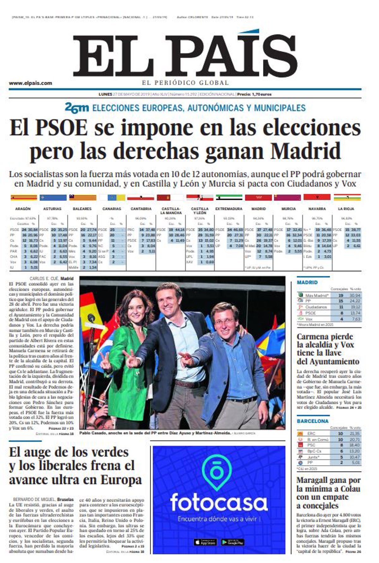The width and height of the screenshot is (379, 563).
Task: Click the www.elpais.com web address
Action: click(30, 83)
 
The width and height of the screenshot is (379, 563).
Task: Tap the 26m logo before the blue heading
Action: click(77, 108)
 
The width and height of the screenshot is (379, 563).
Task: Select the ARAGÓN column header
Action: click(23, 209)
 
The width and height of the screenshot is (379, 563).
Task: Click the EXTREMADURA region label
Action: click(229, 209)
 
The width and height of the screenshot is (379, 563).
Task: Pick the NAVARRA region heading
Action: click(317, 209)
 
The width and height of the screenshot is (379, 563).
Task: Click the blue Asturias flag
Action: click(53, 197)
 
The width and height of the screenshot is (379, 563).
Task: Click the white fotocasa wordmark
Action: click(219, 502)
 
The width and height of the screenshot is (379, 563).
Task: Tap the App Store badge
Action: click(205, 542)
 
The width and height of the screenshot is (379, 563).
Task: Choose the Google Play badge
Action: click(232, 542)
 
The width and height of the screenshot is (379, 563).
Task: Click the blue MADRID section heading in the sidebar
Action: click(307, 282)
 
